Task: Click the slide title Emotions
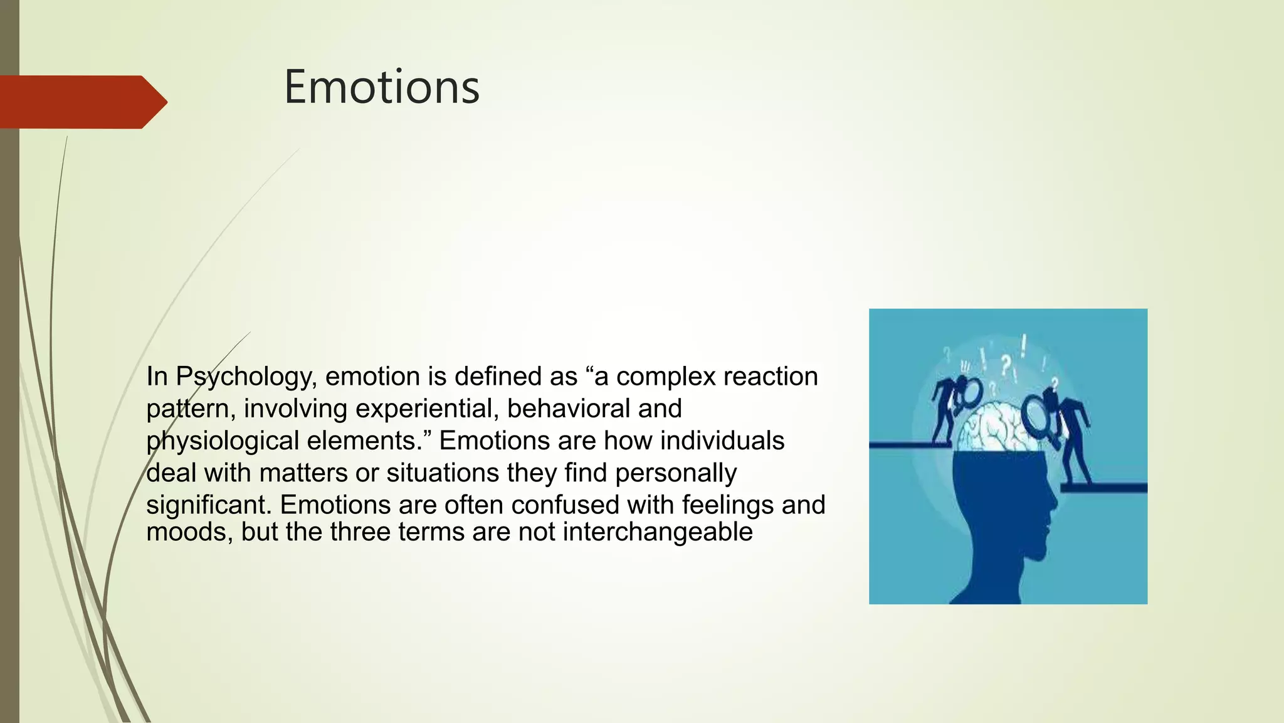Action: [381, 87]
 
